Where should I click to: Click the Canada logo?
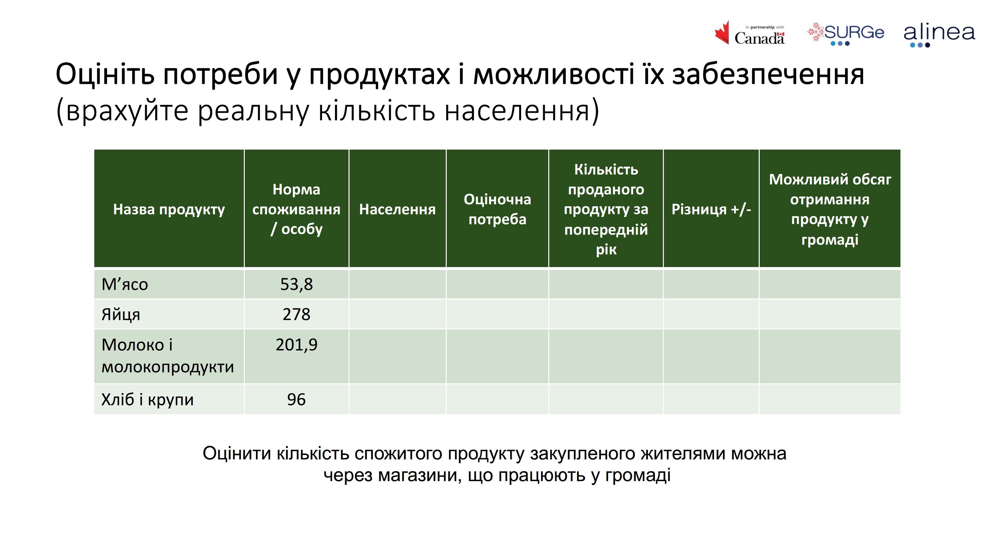[x=749, y=33]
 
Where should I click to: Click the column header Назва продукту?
[x=169, y=209]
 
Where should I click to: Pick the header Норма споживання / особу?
[x=296, y=209]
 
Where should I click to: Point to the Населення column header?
[x=397, y=209]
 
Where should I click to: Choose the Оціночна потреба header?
[x=497, y=209]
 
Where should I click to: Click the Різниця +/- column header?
[x=711, y=209]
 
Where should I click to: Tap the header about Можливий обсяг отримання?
[x=830, y=209]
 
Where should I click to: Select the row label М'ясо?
[x=124, y=284]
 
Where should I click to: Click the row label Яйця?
[x=120, y=314]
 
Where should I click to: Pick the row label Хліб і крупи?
[x=147, y=400]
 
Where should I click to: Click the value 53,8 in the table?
[x=296, y=284]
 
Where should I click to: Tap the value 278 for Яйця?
[x=296, y=314]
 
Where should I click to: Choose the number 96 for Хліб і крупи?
[x=296, y=400]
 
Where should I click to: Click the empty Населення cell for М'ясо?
[x=397, y=284]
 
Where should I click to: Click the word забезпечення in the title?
[x=768, y=74]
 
